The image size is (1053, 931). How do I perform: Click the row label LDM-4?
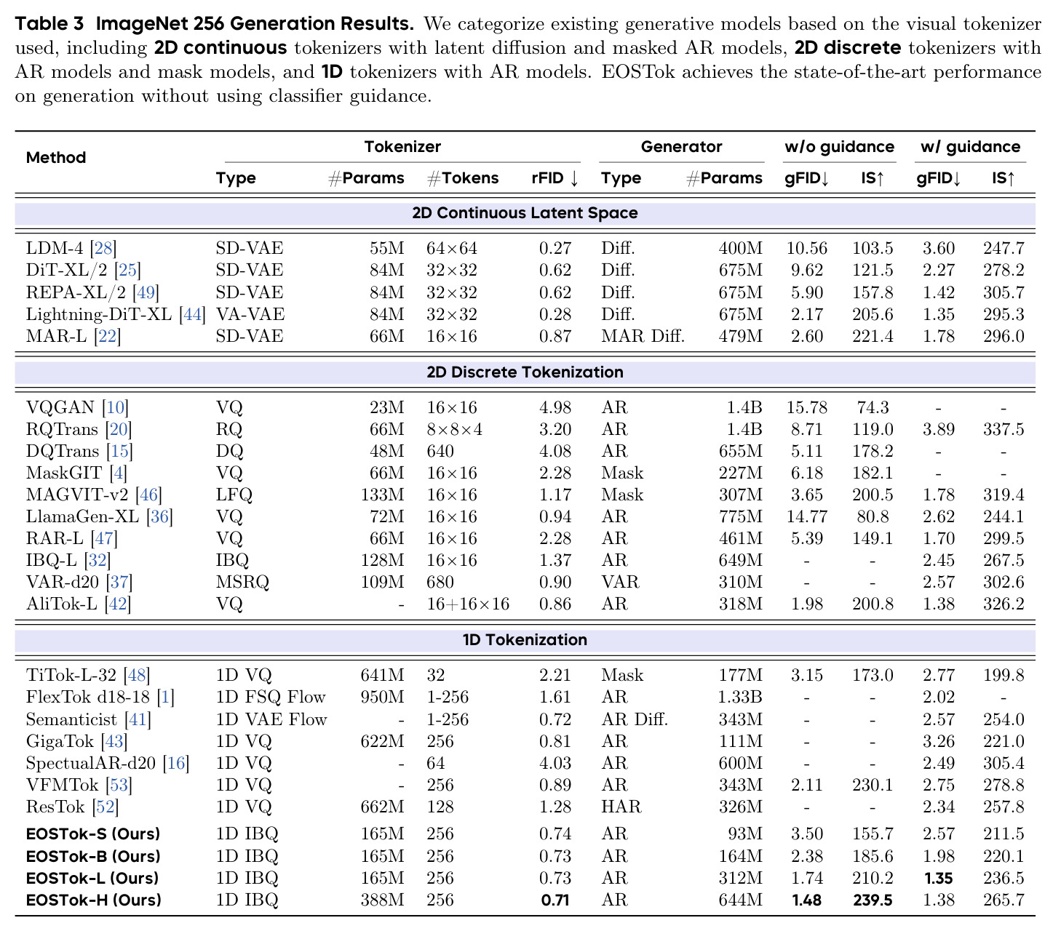[55, 248]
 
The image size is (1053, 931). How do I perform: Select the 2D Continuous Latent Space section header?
[525, 213]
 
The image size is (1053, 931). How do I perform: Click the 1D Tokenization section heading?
[525, 639]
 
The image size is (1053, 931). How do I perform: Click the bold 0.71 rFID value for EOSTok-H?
[555, 900]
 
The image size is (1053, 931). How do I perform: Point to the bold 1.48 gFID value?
[806, 900]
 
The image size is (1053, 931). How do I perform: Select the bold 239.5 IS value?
[873, 900]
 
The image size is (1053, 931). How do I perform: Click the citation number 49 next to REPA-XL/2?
[146, 292]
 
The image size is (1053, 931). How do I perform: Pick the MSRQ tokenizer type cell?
[242, 582]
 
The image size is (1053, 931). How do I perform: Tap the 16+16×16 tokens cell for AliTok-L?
[468, 604]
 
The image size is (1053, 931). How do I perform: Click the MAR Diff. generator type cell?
[643, 336]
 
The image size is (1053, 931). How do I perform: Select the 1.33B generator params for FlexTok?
[740, 697]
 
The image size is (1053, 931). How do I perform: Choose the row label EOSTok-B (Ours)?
[93, 856]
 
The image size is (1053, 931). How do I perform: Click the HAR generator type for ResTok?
[621, 807]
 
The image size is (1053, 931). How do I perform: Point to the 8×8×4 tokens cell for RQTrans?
[454, 429]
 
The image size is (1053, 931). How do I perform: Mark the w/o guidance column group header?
[839, 147]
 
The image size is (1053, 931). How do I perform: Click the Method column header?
[56, 157]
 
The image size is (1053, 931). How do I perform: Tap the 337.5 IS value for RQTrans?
[1003, 429]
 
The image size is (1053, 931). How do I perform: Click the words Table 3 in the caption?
[49, 24]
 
